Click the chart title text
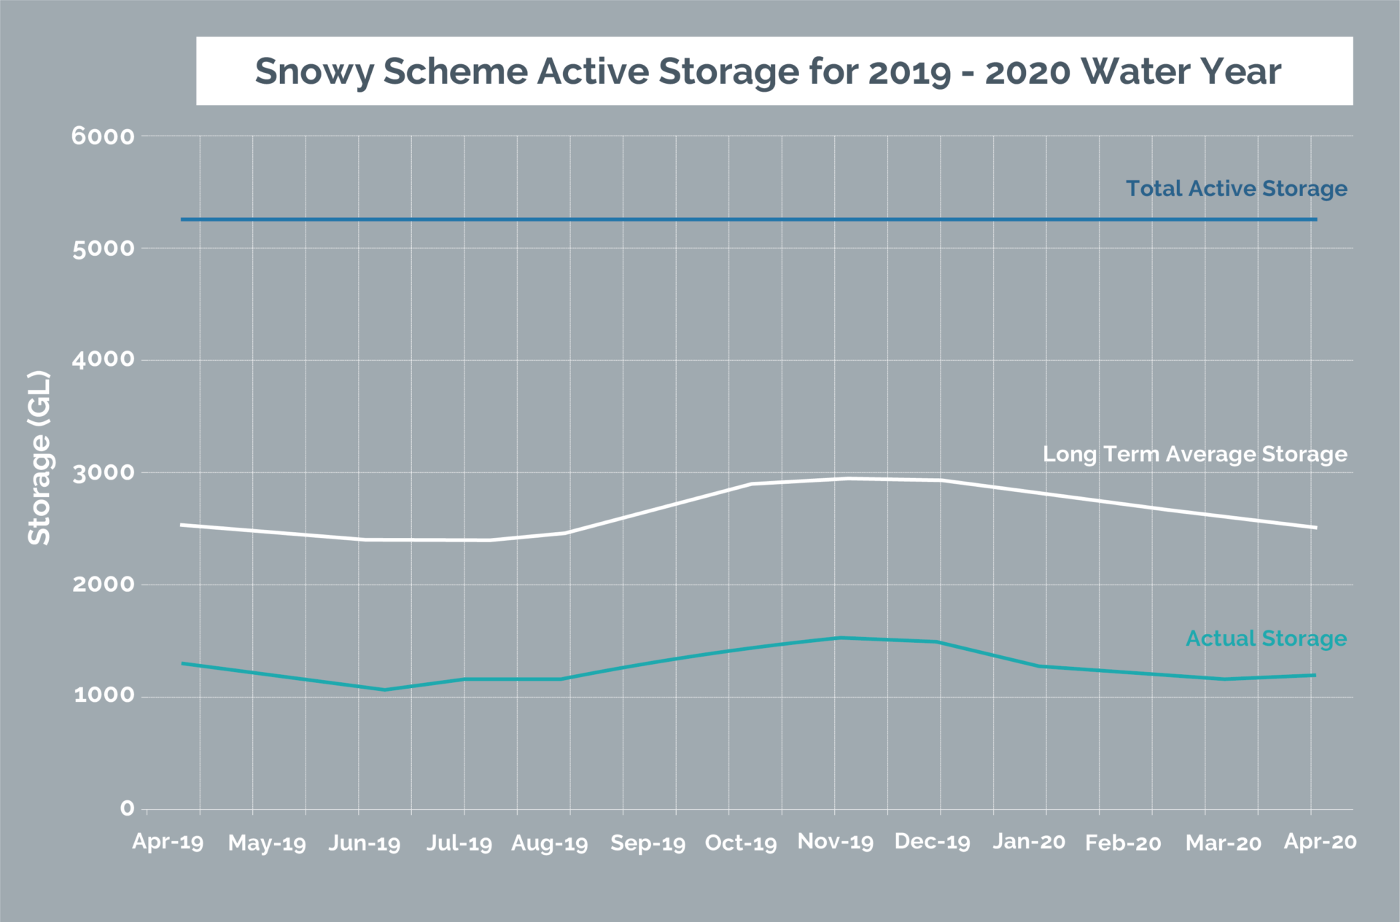[x=767, y=71]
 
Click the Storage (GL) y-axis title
[x=39, y=458]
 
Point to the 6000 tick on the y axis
[x=103, y=136]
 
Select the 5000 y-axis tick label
[x=103, y=249]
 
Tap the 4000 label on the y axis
[x=103, y=359]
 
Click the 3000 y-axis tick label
[x=103, y=473]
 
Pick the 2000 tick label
[x=103, y=585]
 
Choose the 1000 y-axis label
[x=103, y=695]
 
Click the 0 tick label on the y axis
[x=127, y=808]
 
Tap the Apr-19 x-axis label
[x=168, y=842]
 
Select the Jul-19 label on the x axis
[x=459, y=843]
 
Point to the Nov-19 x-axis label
[x=836, y=842]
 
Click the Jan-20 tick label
[x=1029, y=842]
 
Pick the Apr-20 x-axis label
[x=1320, y=842]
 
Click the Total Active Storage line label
[x=1237, y=189]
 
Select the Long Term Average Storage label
[x=1194, y=454]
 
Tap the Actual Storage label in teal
[x=1266, y=638]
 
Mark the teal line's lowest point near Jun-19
[x=384, y=689]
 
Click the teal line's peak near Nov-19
[x=840, y=638]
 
